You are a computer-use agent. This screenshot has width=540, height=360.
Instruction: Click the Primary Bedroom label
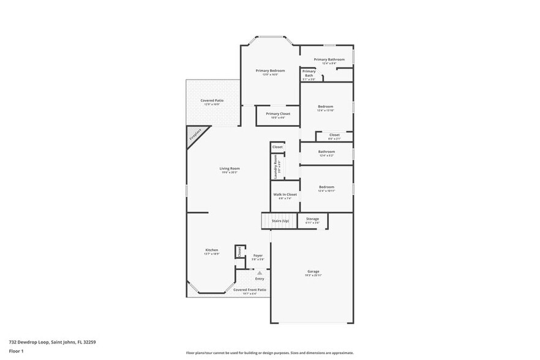270,71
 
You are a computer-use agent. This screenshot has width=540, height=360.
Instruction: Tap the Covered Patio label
212,101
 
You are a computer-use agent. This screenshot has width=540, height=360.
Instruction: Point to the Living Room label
230,169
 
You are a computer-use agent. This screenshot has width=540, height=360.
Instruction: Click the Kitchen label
212,250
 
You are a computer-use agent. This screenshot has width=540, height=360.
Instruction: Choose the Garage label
313,272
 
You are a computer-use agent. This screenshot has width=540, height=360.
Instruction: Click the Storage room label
312,219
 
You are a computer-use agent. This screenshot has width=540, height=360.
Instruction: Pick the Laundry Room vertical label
276,166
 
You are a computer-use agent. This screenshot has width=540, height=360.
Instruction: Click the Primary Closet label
278,114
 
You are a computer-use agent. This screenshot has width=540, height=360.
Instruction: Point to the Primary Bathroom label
325,60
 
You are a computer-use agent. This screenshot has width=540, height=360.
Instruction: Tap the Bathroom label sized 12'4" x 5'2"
326,152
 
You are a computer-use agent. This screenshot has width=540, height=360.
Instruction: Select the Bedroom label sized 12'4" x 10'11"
326,187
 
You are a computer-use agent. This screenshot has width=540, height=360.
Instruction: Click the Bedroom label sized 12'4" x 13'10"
326,107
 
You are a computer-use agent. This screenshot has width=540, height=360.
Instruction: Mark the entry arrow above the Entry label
260,272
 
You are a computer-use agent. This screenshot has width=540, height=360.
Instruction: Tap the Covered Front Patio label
253,290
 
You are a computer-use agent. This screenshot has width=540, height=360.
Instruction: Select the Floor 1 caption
16,351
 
